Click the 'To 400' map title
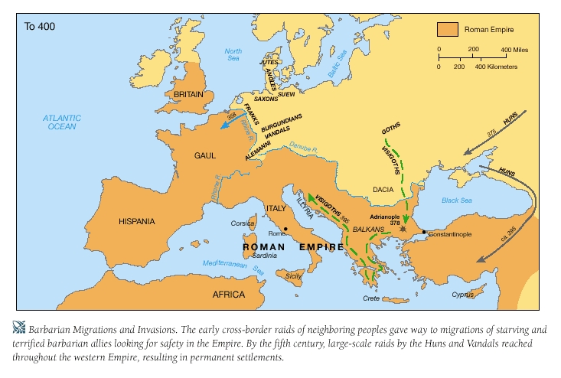[40, 27]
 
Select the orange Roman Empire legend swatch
[447, 30]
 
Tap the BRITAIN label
[188, 95]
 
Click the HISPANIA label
[137, 222]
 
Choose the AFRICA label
[229, 295]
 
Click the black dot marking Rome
[285, 229]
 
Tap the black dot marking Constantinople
[424, 231]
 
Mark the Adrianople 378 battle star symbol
[403, 228]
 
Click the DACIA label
[383, 188]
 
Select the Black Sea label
[457, 200]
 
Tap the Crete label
[372, 299]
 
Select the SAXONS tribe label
[266, 99]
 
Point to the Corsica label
[243, 224]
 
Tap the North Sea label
[233, 56]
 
